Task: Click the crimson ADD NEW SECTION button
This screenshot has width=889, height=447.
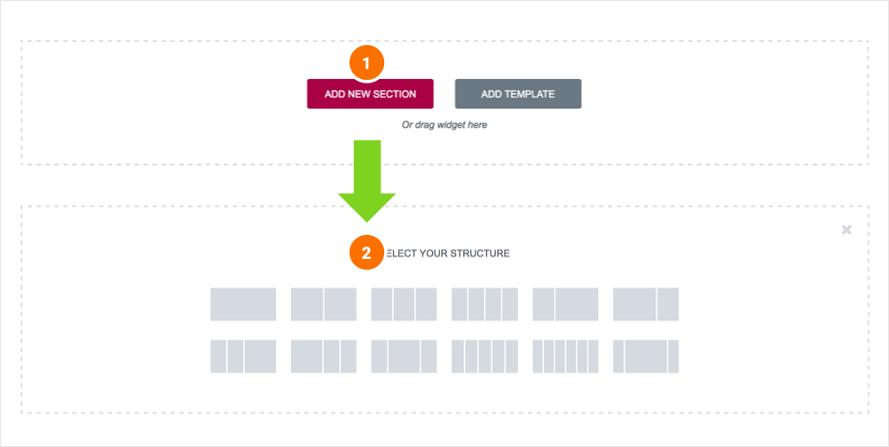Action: click(370, 93)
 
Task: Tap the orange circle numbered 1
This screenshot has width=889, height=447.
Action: click(366, 64)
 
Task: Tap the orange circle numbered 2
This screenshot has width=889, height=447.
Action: click(366, 252)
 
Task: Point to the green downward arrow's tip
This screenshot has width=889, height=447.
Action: click(366, 222)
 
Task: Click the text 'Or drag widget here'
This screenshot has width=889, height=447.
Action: click(444, 125)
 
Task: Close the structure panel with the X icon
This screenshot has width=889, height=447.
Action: click(846, 230)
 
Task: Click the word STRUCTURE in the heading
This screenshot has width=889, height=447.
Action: click(480, 254)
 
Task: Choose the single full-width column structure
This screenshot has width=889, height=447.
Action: click(243, 304)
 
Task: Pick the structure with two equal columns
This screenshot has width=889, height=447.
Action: click(324, 304)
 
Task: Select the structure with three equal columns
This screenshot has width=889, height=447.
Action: click(405, 304)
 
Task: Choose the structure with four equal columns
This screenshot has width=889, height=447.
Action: click(484, 304)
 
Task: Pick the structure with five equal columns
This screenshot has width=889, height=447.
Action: click(484, 357)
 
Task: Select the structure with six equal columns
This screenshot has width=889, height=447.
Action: click(565, 357)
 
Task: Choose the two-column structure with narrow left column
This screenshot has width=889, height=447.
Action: click(565, 304)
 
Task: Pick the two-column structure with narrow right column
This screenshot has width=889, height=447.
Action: click(646, 304)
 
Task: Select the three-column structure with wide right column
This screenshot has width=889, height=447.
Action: click(243, 357)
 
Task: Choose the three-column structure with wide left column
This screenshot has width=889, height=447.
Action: click(324, 357)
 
